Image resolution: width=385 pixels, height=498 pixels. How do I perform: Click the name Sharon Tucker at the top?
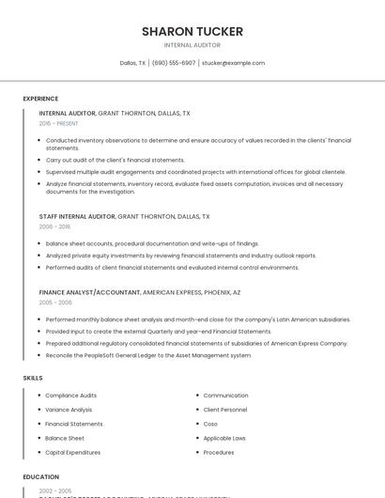pyautogui.click(x=192, y=31)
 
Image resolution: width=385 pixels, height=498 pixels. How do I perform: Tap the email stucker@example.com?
pyautogui.click(x=233, y=63)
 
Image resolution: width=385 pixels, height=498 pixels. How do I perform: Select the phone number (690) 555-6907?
pyautogui.click(x=174, y=63)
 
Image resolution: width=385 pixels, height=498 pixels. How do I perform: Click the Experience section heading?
pyautogui.click(x=40, y=99)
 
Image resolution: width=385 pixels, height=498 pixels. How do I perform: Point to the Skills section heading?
pyautogui.click(x=33, y=378)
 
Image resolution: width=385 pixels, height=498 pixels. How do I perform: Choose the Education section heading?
pyautogui.click(x=41, y=476)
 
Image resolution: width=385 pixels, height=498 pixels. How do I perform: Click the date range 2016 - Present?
pyautogui.click(x=59, y=123)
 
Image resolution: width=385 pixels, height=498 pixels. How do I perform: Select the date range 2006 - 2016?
pyautogui.click(x=54, y=226)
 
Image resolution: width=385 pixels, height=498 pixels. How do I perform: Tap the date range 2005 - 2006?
pyautogui.click(x=55, y=303)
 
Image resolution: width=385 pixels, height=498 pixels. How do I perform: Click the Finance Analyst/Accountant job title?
pyautogui.click(x=89, y=292)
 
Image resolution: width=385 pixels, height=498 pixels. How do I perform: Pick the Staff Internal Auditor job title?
pyautogui.click(x=77, y=216)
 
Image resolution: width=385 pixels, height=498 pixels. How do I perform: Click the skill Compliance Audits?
pyautogui.click(x=70, y=396)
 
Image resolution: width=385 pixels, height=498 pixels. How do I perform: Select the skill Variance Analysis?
pyautogui.click(x=69, y=410)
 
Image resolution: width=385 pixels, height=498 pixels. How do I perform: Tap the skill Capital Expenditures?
pyautogui.click(x=72, y=452)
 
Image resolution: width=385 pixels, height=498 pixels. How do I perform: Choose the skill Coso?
pyautogui.click(x=211, y=424)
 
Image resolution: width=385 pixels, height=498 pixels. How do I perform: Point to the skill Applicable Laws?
pyautogui.click(x=224, y=438)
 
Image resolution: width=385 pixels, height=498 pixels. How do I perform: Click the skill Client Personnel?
pyautogui.click(x=225, y=410)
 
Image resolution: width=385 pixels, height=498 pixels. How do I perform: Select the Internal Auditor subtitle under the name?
pyautogui.click(x=192, y=45)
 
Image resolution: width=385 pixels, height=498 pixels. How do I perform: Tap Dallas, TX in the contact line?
pyautogui.click(x=132, y=63)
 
